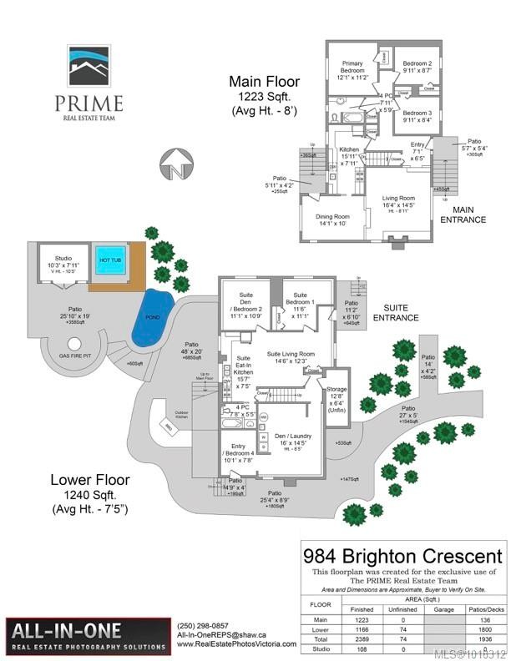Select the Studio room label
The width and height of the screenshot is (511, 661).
(64, 261)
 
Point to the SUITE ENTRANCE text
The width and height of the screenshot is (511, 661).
(396, 313)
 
